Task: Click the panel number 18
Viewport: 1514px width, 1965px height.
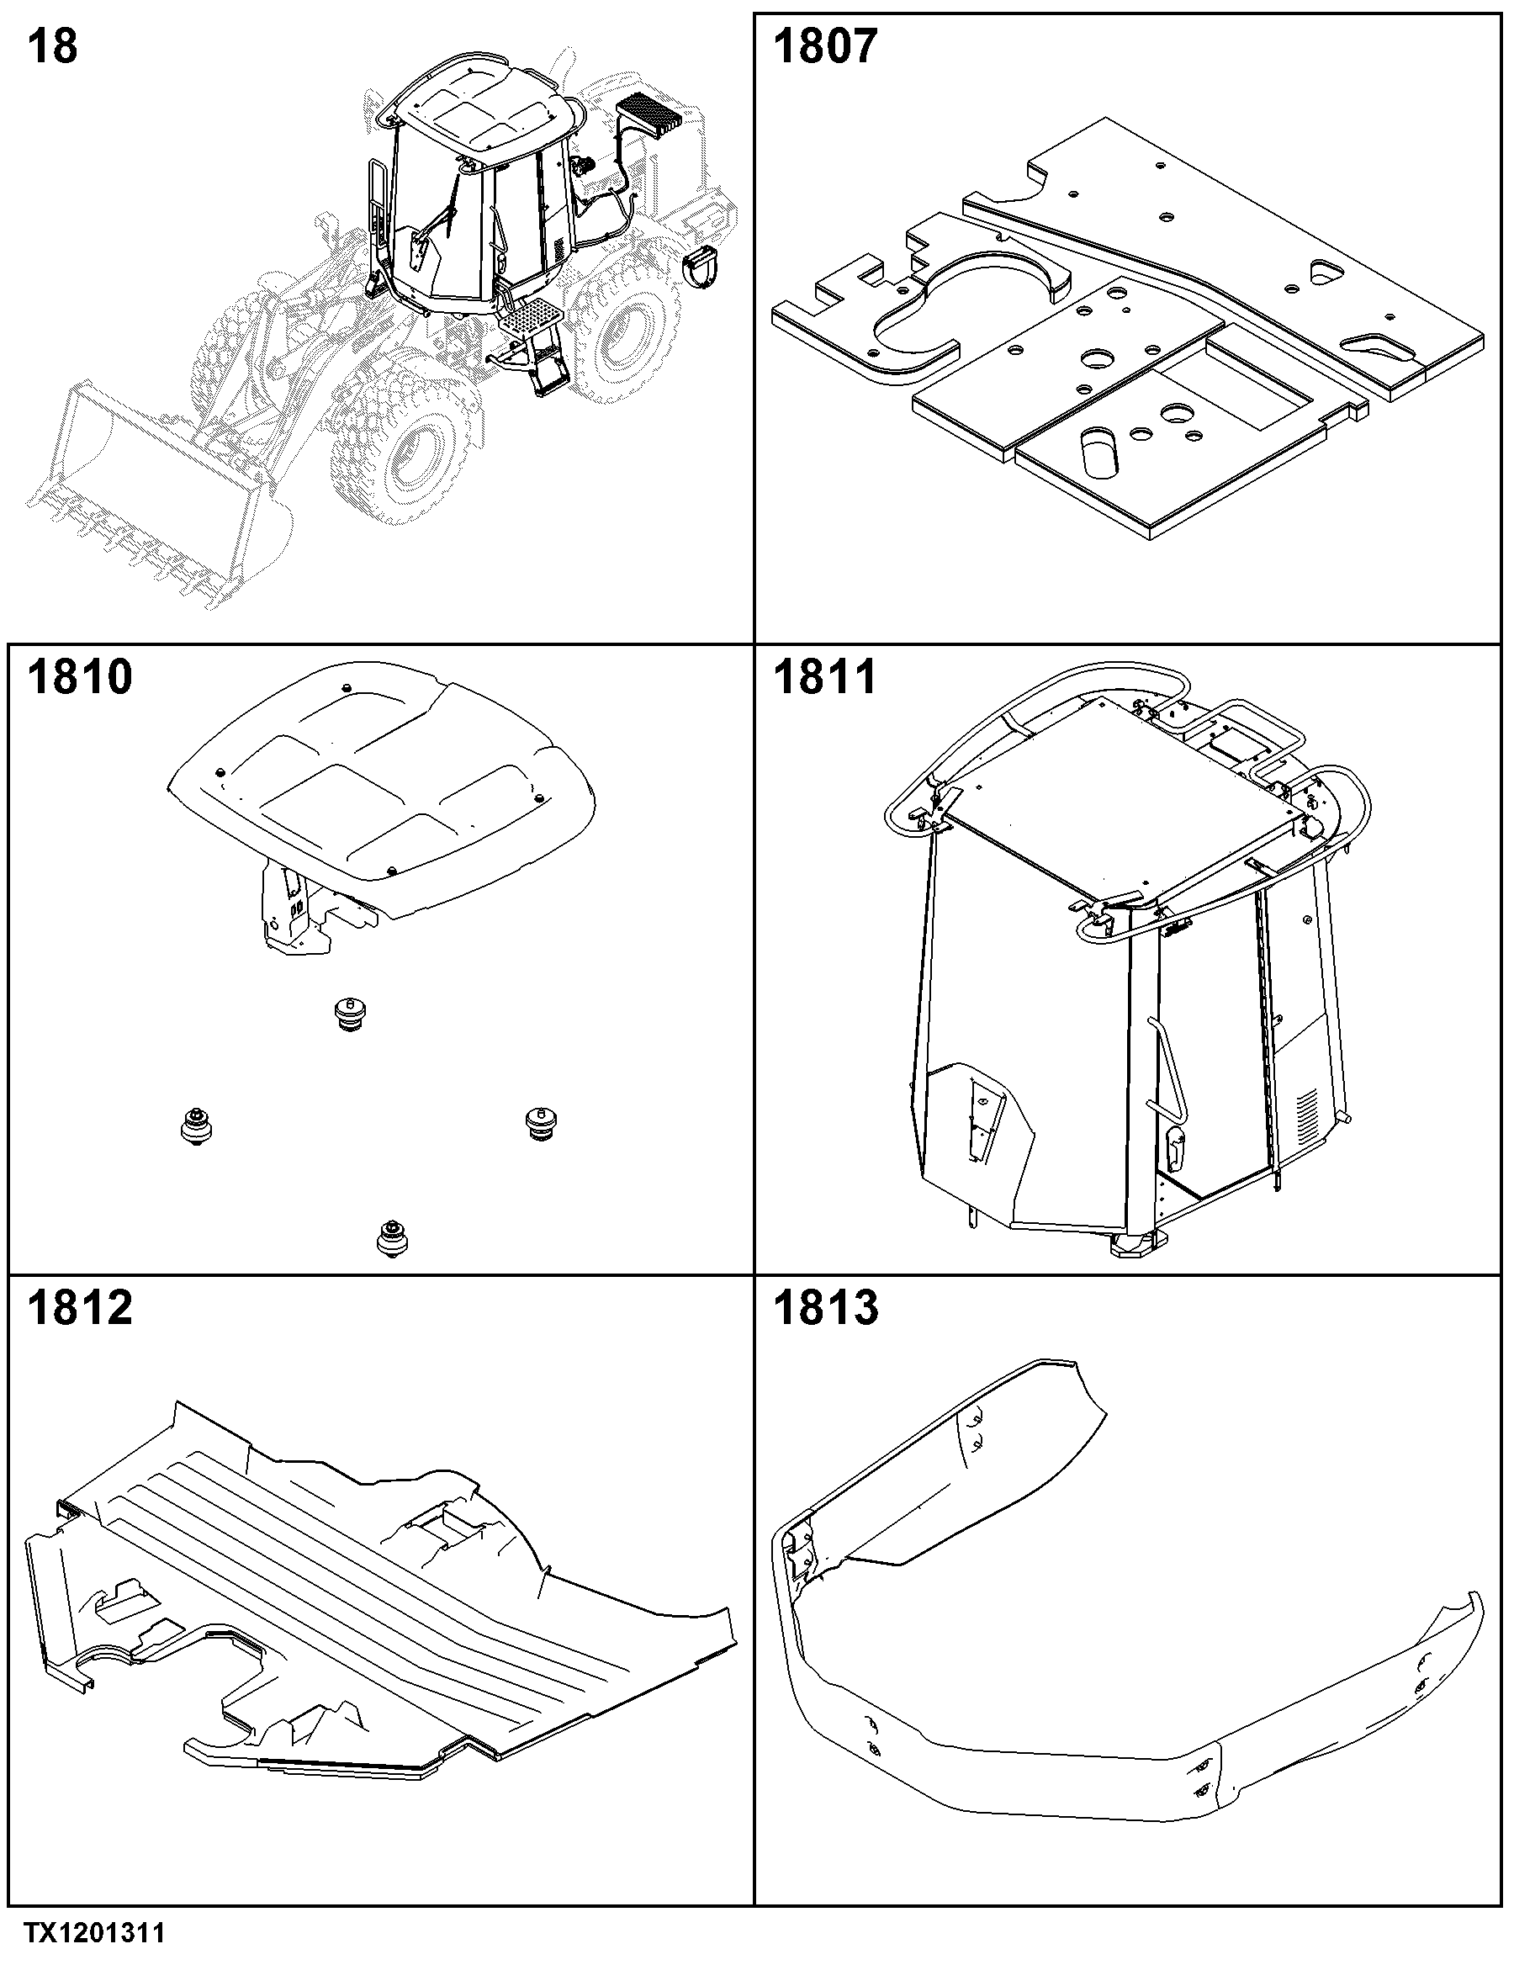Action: tap(53, 47)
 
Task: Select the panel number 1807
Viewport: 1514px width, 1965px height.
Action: tap(825, 47)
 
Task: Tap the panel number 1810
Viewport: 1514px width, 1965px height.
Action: tap(80, 676)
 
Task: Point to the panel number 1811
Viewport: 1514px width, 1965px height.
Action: tap(825, 676)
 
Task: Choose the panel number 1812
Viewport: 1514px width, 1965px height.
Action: tap(80, 1307)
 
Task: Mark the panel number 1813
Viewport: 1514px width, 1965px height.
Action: tap(825, 1307)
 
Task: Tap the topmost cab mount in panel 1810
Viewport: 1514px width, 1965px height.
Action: tap(351, 1014)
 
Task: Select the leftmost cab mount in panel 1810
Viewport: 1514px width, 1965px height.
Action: tap(195, 1125)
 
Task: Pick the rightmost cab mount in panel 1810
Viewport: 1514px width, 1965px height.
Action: tap(541, 1123)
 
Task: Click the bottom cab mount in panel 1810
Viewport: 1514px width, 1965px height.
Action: tap(390, 1238)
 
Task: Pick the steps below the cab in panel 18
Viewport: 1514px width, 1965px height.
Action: tap(531, 347)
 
